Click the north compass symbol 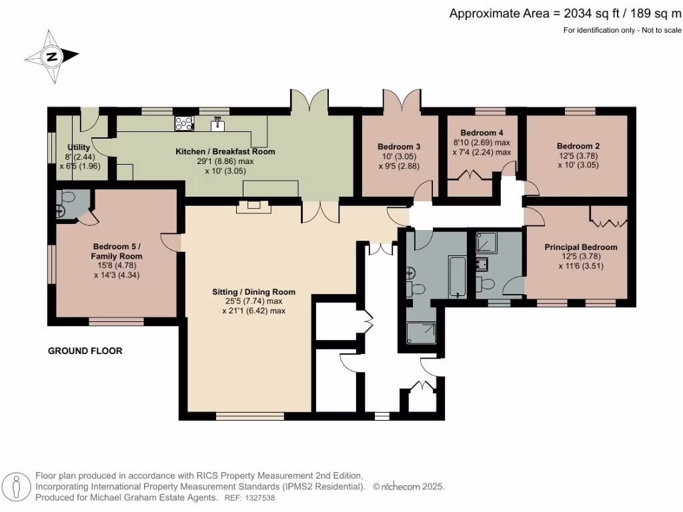click(51, 57)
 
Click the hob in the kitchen click(183, 123)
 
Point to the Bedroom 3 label click(399, 147)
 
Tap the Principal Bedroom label click(580, 247)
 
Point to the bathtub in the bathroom click(458, 275)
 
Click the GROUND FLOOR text click(85, 351)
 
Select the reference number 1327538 click(257, 497)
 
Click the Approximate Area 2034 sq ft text click(564, 13)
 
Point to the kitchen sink click(217, 123)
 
